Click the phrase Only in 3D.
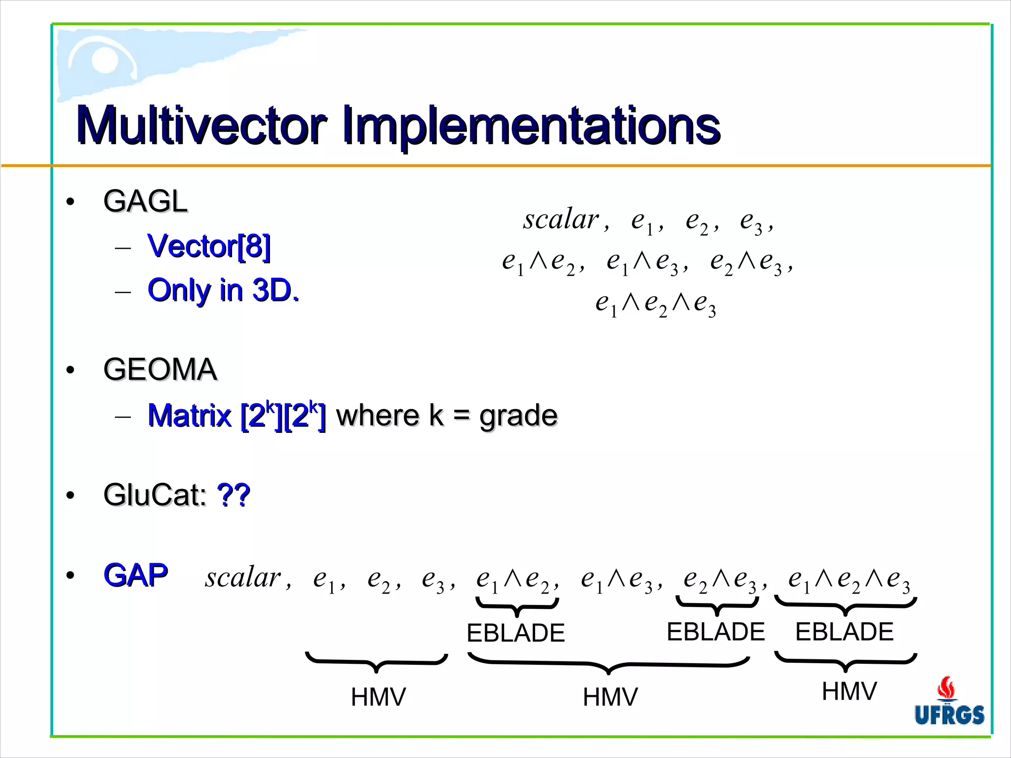pos(223,290)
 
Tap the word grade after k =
pos(518,416)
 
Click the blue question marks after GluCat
pos(233,494)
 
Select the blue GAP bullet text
pos(136,575)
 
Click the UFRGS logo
pos(949,702)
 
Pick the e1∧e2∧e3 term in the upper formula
pos(656,303)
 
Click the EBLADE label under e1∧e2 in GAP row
pos(515,633)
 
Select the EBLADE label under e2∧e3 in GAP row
pos(715,632)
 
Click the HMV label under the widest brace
pos(610,697)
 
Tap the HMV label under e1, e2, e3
pos(378,697)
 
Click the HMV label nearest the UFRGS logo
pos(849,691)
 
